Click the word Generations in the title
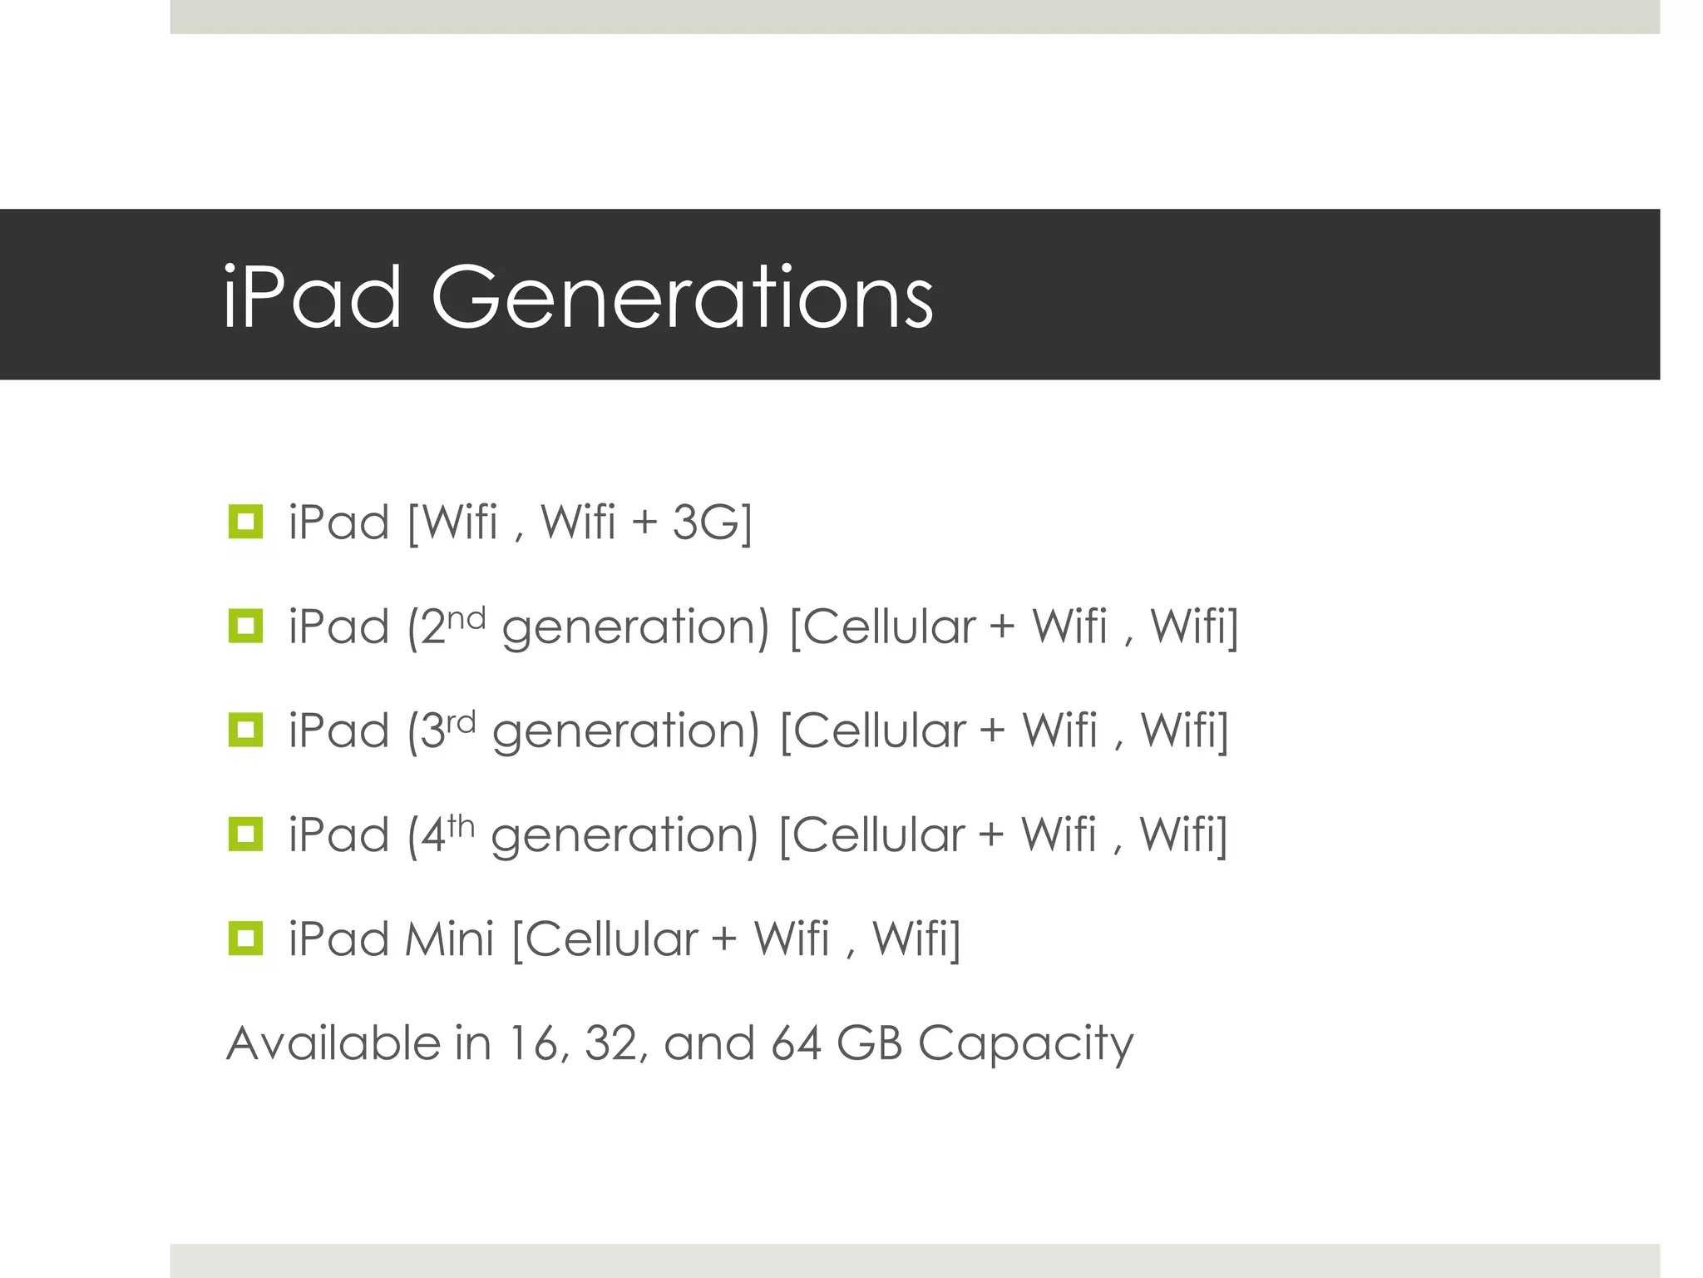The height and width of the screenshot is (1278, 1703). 682,298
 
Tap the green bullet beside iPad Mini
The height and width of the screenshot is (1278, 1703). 245,938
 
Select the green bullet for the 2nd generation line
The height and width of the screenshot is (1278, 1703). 245,626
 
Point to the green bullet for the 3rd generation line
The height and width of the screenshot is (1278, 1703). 245,730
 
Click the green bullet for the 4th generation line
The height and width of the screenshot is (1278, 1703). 245,834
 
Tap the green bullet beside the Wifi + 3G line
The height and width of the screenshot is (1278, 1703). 245,522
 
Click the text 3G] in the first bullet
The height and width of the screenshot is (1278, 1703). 712,523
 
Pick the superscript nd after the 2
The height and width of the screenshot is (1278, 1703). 466,618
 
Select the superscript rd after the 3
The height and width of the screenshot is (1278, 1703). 461,722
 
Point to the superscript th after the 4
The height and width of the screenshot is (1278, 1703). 460,826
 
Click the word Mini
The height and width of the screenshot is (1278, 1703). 449,939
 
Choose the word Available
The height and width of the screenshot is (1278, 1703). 333,1043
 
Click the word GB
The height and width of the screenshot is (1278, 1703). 869,1043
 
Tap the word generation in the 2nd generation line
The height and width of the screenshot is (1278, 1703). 636,629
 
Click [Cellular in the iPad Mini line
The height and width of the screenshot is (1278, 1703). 605,939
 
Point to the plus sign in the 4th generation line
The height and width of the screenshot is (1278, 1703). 991,835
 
